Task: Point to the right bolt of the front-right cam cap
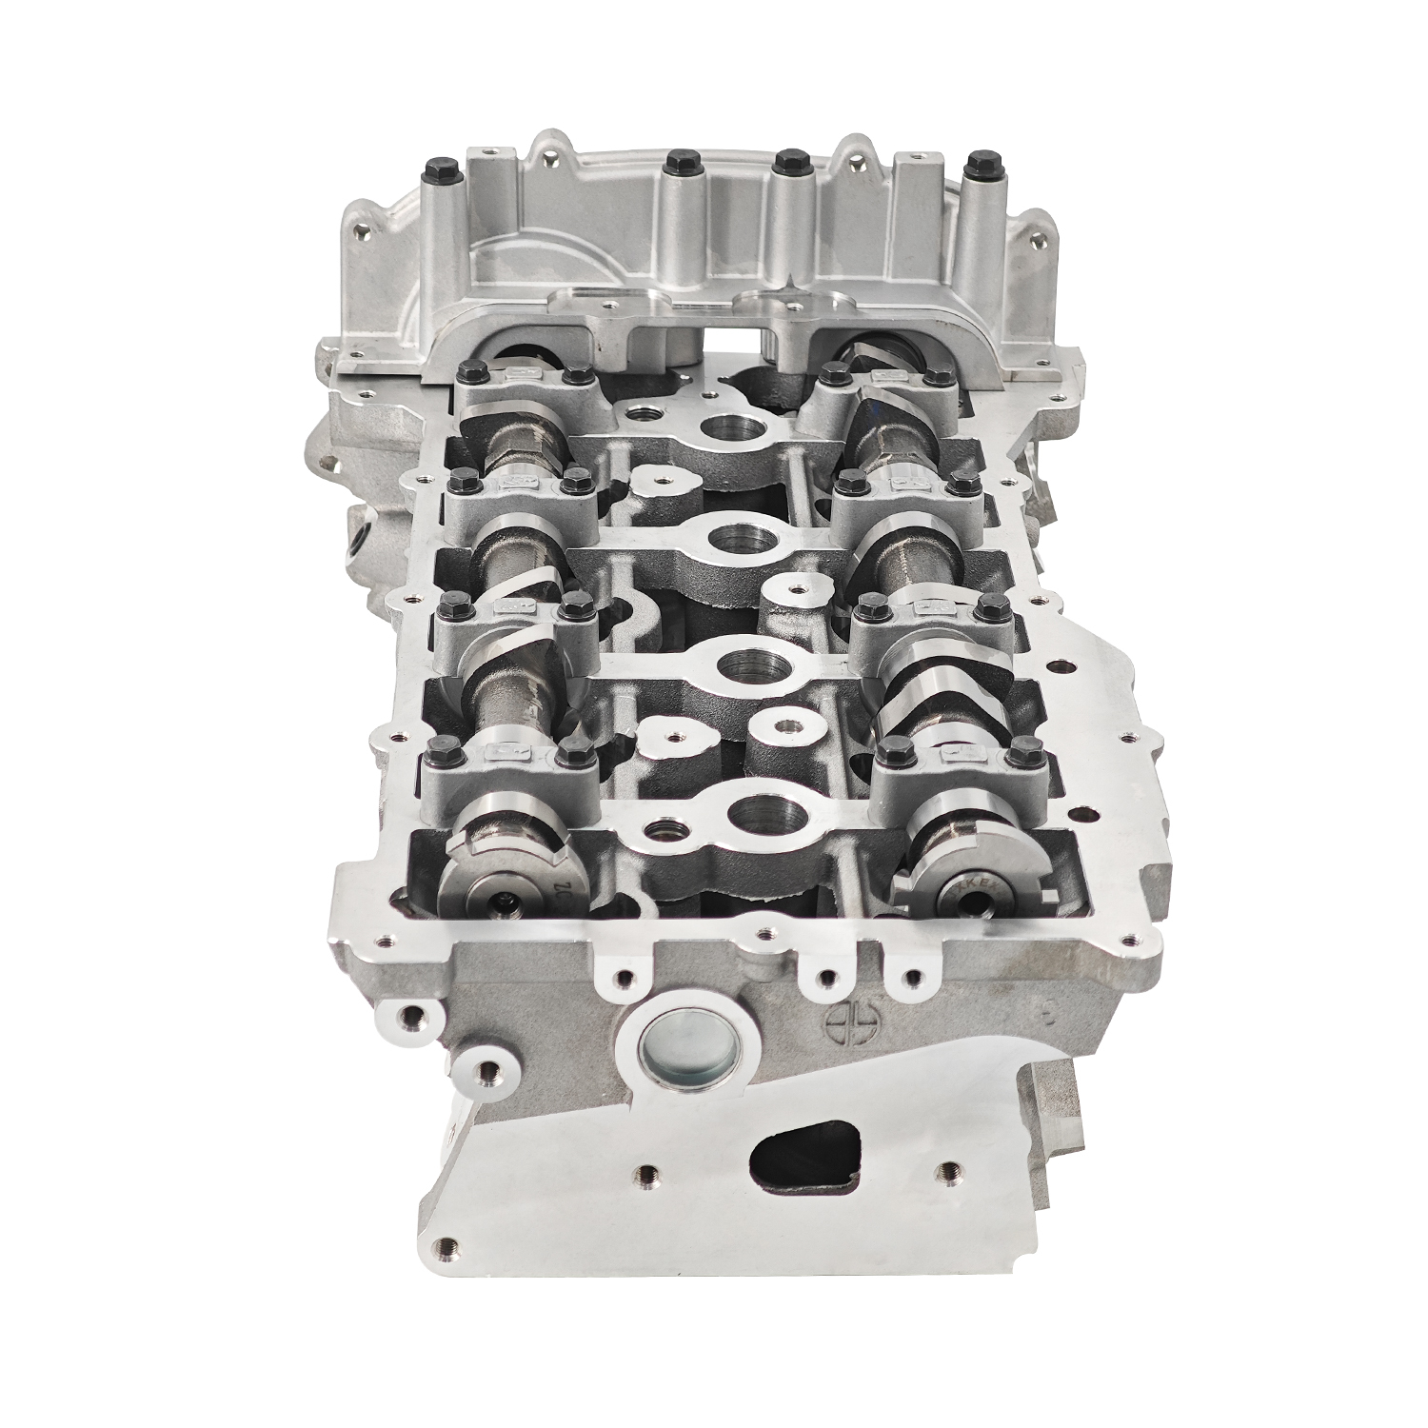1023,749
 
